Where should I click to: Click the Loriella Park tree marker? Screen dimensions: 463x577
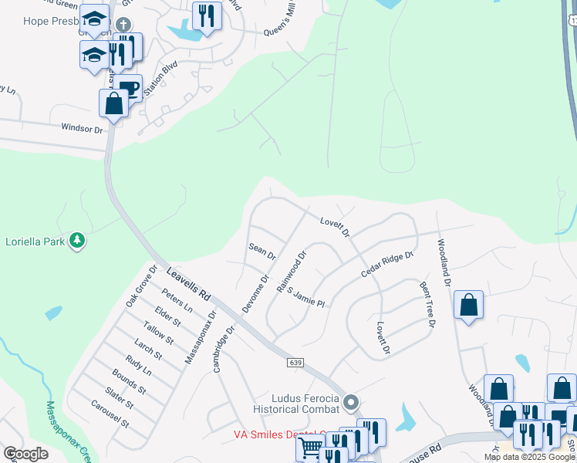click(x=76, y=241)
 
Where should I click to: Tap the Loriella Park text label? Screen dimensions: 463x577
click(x=35, y=241)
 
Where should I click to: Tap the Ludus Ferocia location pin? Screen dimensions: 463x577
click(x=351, y=401)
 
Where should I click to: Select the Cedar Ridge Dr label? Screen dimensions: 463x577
click(x=388, y=264)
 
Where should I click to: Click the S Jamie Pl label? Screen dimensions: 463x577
click(x=306, y=297)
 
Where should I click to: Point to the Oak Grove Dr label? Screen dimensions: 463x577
click(x=141, y=286)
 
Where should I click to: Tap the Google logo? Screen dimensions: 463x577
click(x=25, y=453)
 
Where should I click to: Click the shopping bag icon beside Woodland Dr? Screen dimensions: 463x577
click(x=469, y=305)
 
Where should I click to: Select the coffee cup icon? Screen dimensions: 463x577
click(x=129, y=87)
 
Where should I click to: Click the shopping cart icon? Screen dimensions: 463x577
click(x=310, y=448)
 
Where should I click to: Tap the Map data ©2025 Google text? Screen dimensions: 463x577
click(x=530, y=457)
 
